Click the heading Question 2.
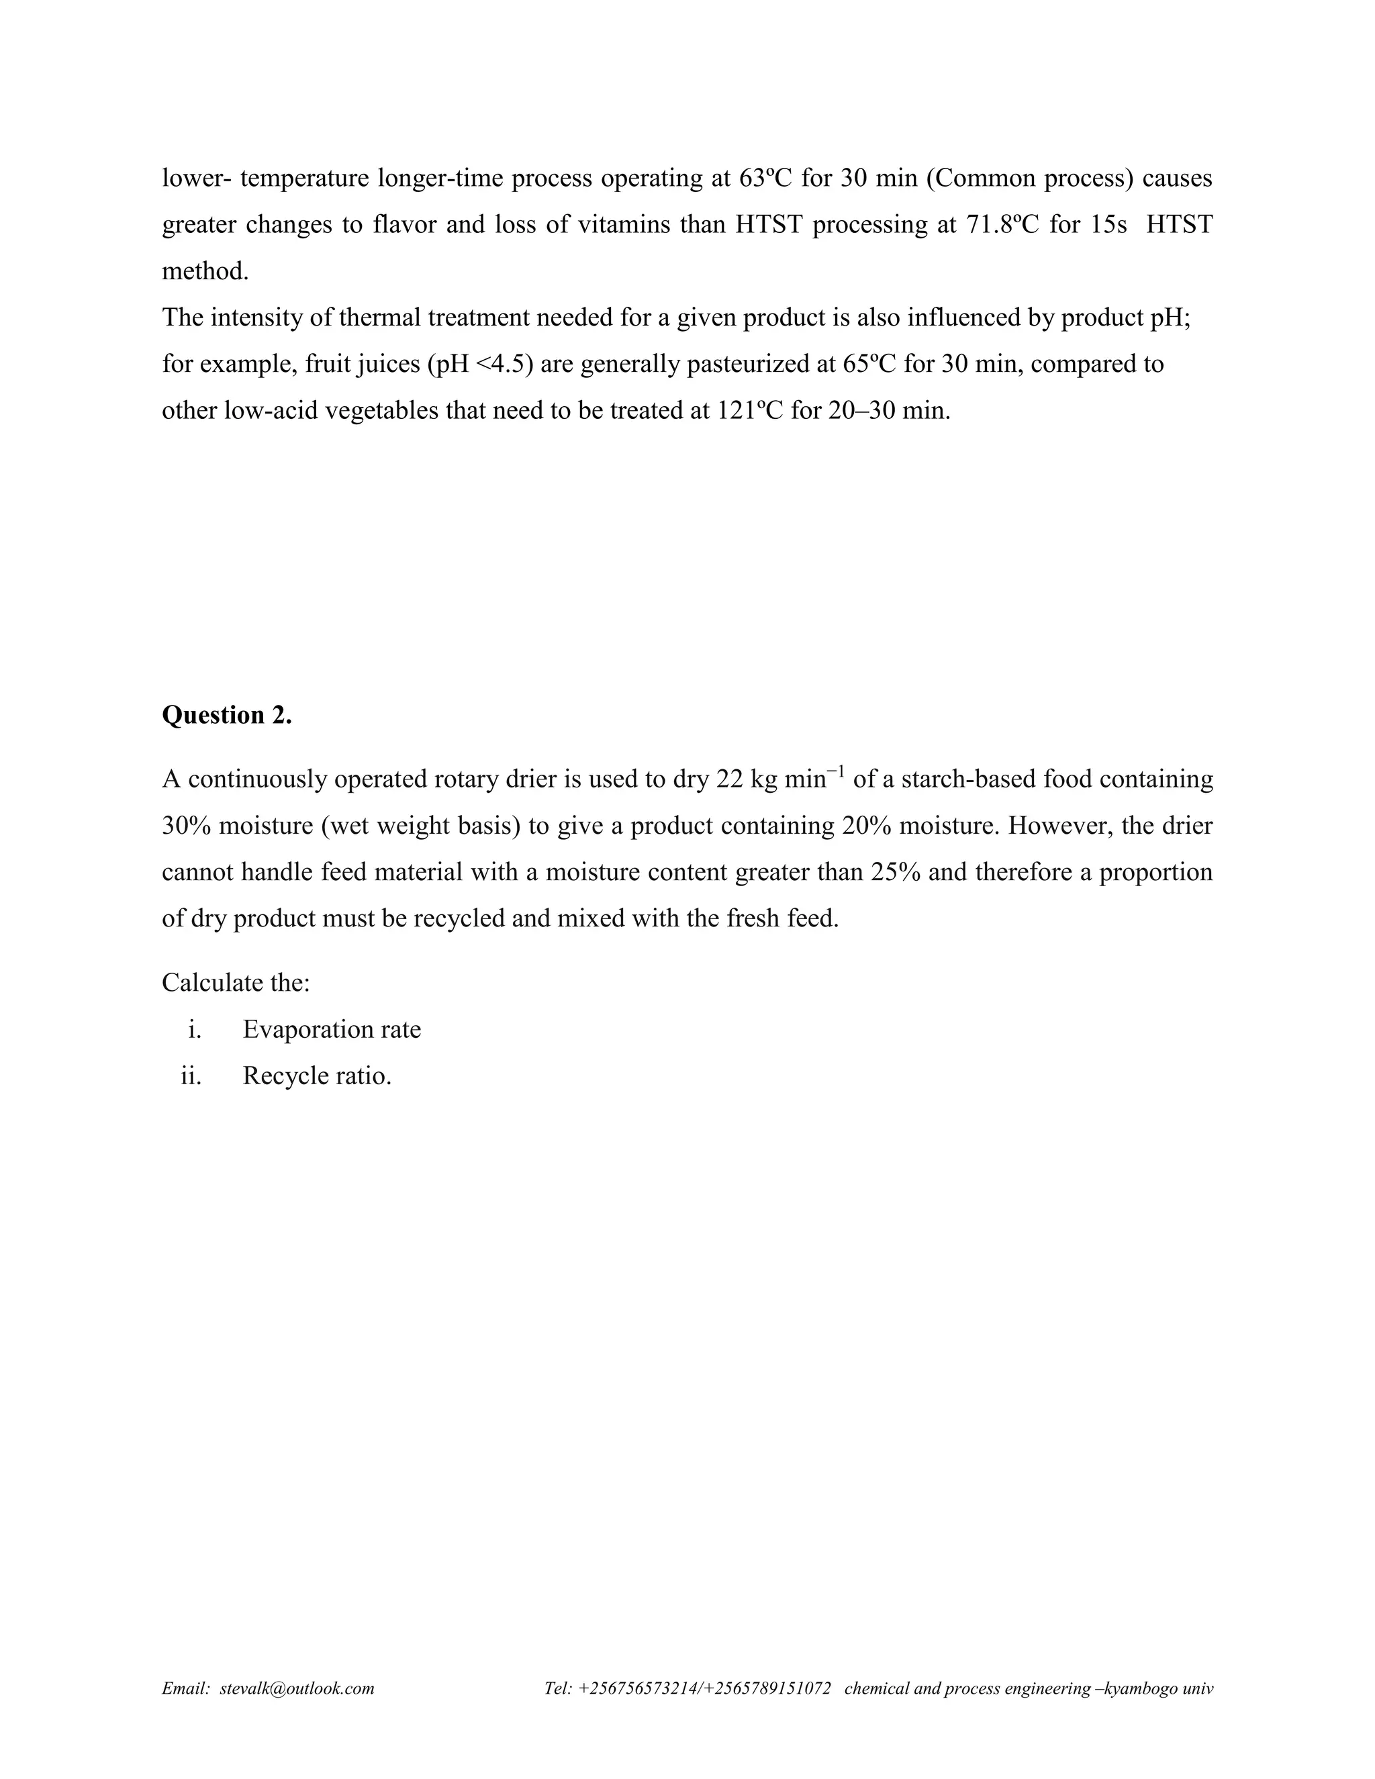[226, 715]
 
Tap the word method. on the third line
[205, 271]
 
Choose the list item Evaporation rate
[332, 1030]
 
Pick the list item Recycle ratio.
[317, 1076]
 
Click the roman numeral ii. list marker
[191, 1076]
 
